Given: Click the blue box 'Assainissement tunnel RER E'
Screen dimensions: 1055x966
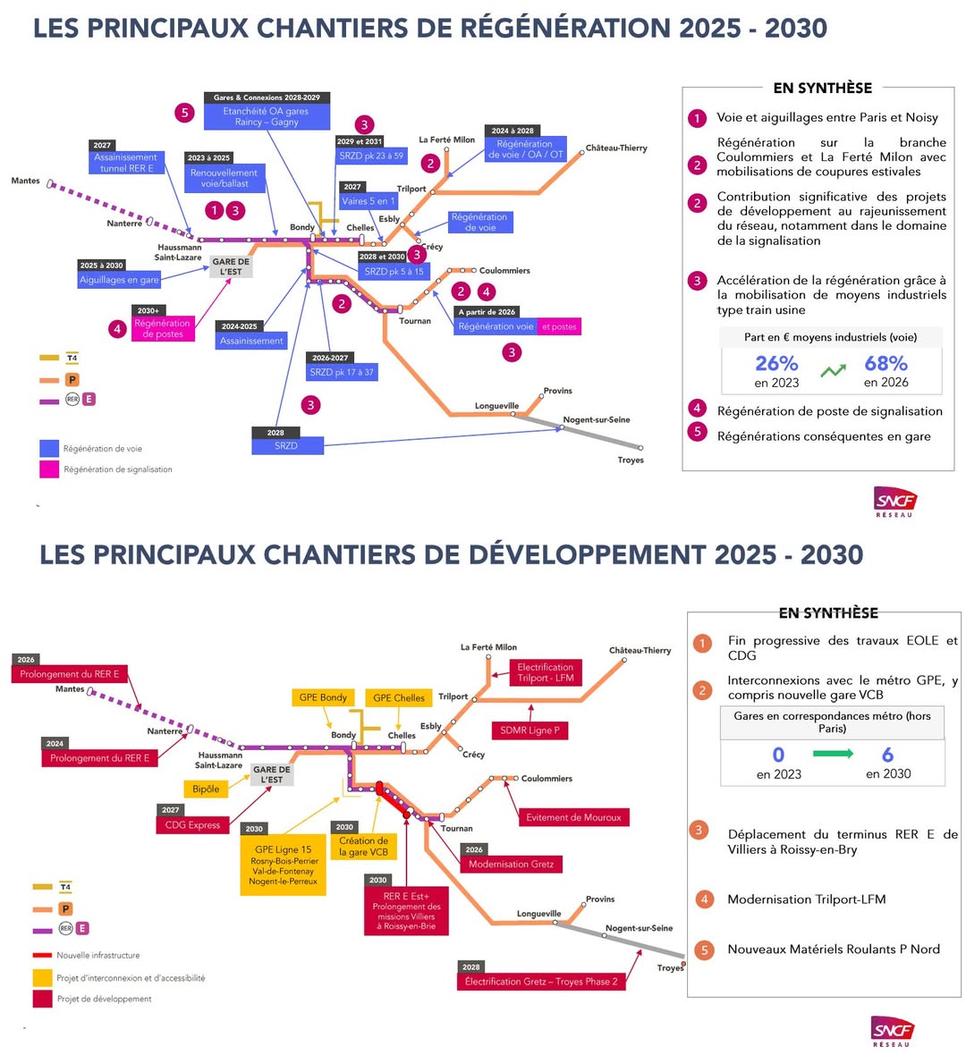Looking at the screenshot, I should pos(125,163).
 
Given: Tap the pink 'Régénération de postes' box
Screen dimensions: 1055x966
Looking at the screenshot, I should pos(163,328).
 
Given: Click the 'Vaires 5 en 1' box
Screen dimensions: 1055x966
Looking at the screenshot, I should pos(368,201).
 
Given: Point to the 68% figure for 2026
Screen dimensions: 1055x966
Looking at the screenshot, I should pos(885,364).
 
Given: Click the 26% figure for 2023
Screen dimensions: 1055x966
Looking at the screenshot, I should pos(776,364).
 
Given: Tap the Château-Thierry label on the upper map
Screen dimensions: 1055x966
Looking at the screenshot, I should pos(616,148).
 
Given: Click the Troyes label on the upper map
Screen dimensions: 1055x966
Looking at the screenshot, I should pos(631,460).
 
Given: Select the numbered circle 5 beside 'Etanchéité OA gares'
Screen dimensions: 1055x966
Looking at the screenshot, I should pos(185,113).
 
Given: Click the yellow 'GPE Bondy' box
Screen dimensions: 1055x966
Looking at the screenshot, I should pos(323,697).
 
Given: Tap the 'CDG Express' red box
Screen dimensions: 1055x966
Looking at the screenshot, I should pos(192,825).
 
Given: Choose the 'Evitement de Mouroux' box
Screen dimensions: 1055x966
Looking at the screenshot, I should pos(574,817).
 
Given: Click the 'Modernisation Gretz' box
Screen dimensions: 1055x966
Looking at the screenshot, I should pos(511,864).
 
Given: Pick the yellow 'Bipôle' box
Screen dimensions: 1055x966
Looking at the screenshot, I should pos(207,789).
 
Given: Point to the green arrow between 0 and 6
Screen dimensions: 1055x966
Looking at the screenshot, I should pos(833,755).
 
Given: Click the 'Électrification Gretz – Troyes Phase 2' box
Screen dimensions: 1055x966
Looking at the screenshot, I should pos(541,982).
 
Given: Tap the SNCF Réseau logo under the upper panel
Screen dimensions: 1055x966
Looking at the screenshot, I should pos(894,502).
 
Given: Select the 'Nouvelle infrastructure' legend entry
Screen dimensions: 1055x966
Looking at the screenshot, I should pos(97,955).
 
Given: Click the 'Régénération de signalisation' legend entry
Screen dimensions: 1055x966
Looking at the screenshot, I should pos(117,469).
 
